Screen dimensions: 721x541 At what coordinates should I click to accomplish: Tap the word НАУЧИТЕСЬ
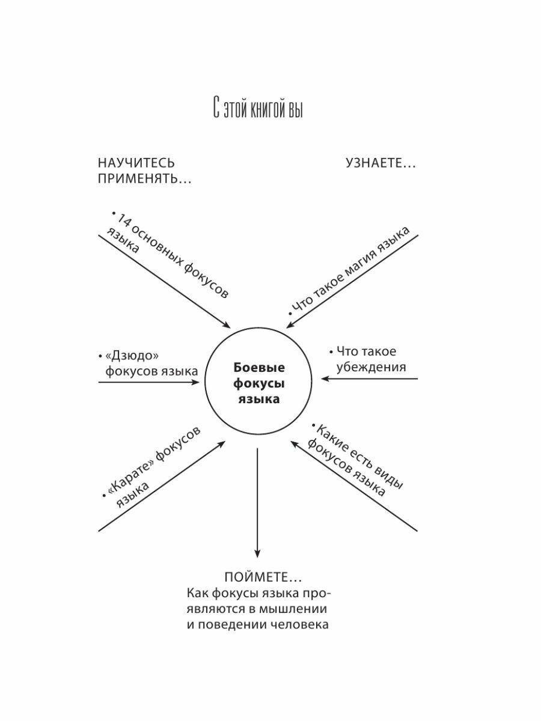point(136,163)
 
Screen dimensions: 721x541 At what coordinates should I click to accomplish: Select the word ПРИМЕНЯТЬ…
point(144,179)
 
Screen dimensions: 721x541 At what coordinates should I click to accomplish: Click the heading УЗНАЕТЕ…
point(381,163)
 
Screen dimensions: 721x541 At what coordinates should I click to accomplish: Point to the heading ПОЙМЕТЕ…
point(263,577)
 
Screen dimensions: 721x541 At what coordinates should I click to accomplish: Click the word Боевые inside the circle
point(258,368)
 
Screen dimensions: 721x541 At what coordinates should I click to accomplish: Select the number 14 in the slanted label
point(123,221)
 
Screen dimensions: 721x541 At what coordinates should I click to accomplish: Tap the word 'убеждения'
point(371,367)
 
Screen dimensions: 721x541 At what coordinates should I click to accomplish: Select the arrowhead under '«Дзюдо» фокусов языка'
point(197,382)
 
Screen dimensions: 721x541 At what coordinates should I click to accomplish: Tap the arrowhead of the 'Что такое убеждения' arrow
point(325,379)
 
